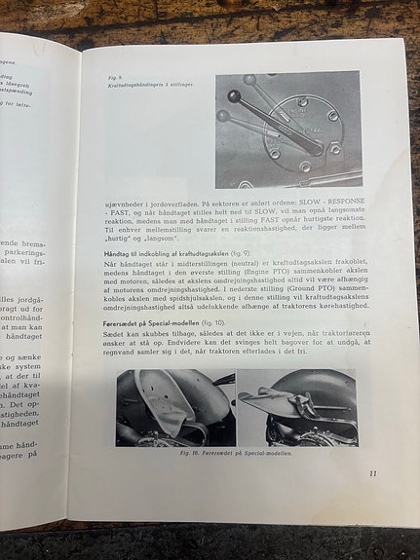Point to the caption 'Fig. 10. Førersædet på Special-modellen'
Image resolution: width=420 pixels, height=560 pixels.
click(237, 454)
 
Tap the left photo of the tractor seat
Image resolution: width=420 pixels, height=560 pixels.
click(174, 407)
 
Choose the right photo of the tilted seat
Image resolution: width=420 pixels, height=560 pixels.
click(296, 407)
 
